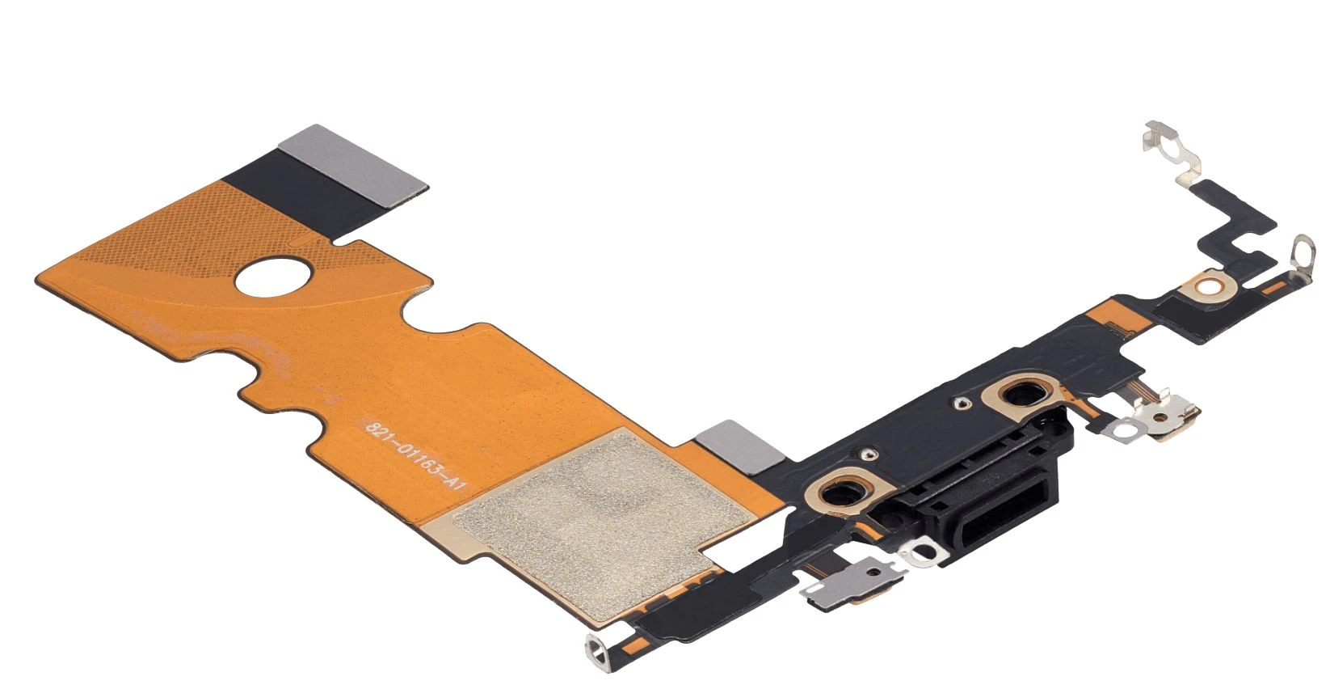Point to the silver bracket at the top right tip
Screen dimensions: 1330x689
point(1172,152)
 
